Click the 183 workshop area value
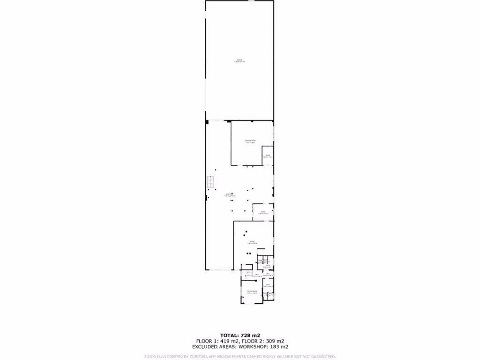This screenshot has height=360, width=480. tap(272, 347)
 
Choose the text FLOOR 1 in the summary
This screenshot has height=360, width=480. tap(206, 341)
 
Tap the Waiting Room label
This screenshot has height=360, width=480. tap(252, 291)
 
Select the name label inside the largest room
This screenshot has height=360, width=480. tap(240, 60)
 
